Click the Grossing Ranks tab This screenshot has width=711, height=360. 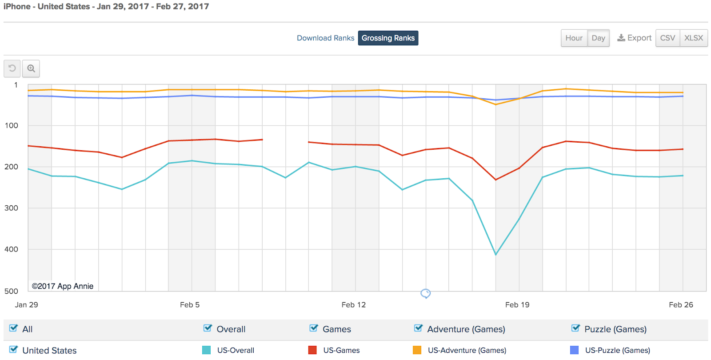(388, 38)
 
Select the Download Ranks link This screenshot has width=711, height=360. (325, 38)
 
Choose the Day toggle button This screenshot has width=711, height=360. (598, 38)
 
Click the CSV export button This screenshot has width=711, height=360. (667, 38)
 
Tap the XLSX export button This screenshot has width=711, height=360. (693, 38)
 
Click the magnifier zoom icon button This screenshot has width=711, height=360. (31, 68)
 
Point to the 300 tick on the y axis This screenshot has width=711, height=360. (12, 208)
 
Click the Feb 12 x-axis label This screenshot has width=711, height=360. (353, 305)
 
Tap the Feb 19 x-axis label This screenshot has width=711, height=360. (517, 305)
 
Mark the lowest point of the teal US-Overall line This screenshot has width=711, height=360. (495, 255)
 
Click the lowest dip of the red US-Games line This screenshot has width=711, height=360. (495, 180)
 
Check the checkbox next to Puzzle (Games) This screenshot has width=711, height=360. (576, 328)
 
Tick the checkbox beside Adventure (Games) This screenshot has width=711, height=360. (418, 328)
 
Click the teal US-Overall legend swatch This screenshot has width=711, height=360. (206, 350)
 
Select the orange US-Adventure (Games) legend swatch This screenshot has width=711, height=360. (417, 350)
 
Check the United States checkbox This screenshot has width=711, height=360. (13, 350)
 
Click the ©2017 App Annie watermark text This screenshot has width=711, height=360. (63, 286)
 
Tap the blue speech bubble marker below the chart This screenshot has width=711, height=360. (425, 293)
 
